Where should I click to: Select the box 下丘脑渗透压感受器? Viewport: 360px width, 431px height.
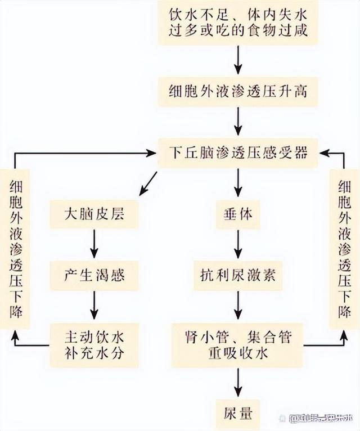tap(239, 152)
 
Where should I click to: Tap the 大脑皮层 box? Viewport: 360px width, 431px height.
tap(94, 214)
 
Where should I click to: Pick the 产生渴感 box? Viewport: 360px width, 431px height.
tap(94, 276)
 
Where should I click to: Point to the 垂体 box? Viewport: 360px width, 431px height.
tap(239, 214)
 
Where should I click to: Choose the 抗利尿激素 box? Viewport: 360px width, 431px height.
tap(239, 276)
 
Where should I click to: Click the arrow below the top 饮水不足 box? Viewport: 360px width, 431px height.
tap(239, 58)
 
